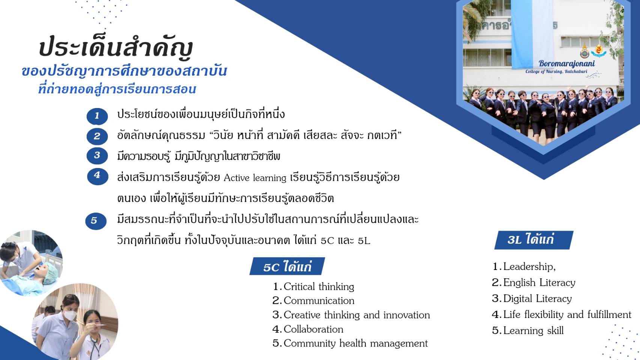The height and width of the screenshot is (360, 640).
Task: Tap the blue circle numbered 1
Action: coord(97,116)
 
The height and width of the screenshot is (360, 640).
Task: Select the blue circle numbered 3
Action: coord(97,156)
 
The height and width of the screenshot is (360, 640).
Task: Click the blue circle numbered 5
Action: coord(96,221)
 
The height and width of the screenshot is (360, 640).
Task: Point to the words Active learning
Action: coord(255,178)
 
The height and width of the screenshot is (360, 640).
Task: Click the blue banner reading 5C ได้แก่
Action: coord(287,266)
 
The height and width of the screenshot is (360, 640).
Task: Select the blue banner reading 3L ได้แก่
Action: coord(534,240)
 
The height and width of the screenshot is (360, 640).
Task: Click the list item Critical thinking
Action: coord(313,286)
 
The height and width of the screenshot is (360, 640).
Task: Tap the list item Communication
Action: coord(313,301)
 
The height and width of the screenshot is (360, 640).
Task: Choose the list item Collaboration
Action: coord(308,329)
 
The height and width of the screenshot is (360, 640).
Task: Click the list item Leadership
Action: coord(524,267)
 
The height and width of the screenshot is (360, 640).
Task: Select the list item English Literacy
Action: coord(534,283)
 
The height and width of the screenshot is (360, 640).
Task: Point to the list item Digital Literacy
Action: coord(532,298)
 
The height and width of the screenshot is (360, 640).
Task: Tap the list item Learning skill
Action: coord(528,331)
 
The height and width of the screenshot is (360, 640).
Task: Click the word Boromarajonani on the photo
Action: coord(567,63)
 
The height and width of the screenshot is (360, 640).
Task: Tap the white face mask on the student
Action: coord(70,315)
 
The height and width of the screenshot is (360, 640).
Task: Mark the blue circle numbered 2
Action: coord(97,136)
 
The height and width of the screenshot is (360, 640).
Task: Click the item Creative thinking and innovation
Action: coord(352,315)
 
